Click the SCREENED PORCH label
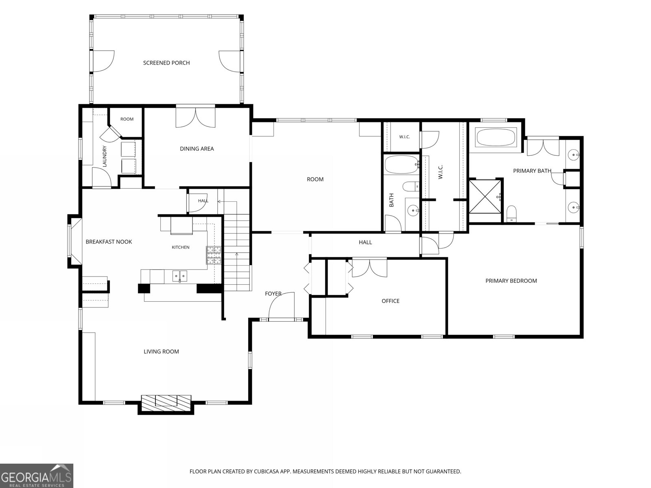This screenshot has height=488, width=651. (x=166, y=63)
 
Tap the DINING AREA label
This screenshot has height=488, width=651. (x=197, y=149)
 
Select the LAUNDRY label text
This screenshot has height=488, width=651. (x=105, y=156)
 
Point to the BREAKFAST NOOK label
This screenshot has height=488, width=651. (x=109, y=242)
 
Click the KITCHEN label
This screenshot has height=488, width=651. (x=181, y=247)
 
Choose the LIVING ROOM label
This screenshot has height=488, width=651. (x=162, y=351)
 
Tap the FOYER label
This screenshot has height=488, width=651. (x=273, y=294)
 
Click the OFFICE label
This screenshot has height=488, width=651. (x=391, y=301)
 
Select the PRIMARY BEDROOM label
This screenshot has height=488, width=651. (x=511, y=281)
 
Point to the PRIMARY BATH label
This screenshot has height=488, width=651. (x=532, y=171)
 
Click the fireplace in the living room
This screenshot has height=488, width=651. (x=166, y=403)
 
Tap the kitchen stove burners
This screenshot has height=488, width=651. (x=214, y=255)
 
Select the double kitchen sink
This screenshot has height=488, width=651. (x=180, y=276)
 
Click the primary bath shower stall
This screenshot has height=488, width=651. (x=485, y=196)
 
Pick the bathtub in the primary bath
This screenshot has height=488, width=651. (x=496, y=137)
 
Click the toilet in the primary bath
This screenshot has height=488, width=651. (x=511, y=213)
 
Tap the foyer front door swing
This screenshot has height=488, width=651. (x=282, y=305)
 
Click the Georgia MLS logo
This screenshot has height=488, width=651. (x=37, y=475)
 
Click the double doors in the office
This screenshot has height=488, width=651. (x=369, y=268)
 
